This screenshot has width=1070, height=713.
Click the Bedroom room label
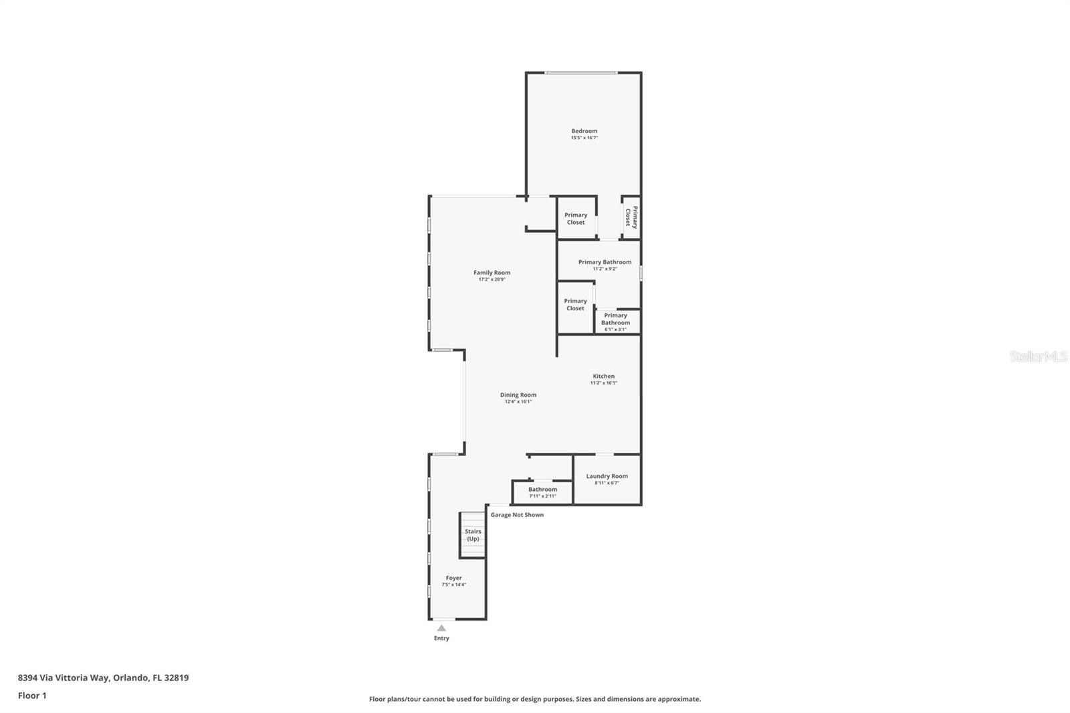point(584,131)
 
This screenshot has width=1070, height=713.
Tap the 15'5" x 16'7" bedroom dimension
point(584,138)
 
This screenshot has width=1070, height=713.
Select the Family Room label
point(492,272)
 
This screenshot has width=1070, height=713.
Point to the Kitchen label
point(603,376)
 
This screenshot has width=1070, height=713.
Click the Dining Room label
point(518,395)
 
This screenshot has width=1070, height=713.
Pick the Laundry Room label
point(607,476)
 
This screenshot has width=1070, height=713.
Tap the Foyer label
point(453,578)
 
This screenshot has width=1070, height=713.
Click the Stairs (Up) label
point(473,535)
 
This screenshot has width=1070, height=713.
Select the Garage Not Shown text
point(517,515)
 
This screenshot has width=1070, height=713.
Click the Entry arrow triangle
point(441,628)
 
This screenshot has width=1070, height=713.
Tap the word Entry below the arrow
point(441,638)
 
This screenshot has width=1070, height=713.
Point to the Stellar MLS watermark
point(1038,356)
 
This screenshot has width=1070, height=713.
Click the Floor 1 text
point(32,696)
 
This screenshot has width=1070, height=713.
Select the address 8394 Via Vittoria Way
point(64,678)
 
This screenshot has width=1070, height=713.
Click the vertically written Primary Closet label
point(631,217)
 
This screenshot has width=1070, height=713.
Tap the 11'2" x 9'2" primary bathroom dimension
point(605,269)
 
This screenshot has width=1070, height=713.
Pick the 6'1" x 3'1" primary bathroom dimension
point(615,329)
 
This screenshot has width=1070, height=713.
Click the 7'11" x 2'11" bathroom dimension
point(542,496)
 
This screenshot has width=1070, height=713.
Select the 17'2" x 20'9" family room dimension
point(492,280)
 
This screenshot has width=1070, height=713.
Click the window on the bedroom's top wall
point(580,72)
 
